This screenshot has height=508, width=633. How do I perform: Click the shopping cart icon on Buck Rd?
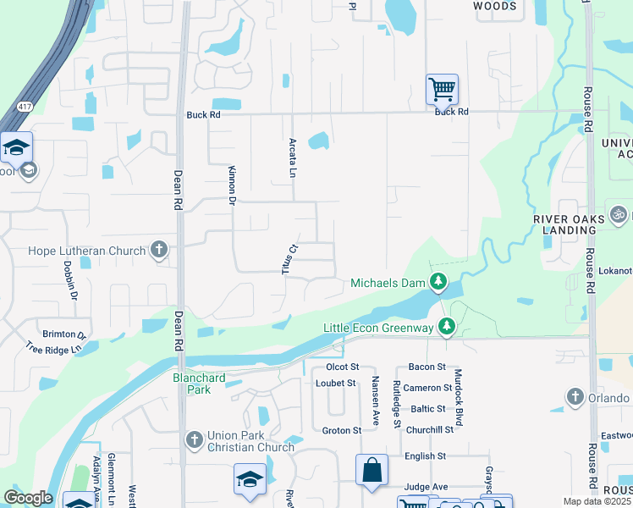(x=442, y=88)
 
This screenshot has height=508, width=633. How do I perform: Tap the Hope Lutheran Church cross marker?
(x=159, y=250)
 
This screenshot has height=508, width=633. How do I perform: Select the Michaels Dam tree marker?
(x=438, y=282)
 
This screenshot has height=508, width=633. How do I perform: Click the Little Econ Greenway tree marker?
(x=447, y=327)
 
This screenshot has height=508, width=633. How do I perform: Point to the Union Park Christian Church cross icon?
(x=195, y=439)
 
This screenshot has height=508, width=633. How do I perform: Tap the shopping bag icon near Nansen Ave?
(x=372, y=472)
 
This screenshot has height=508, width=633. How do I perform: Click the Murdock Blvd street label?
(x=458, y=397)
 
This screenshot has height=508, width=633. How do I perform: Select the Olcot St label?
(x=343, y=367)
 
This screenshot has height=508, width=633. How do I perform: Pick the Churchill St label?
(x=430, y=430)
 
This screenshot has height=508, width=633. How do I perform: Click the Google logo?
(x=28, y=498)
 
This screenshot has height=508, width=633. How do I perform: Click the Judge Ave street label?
(x=426, y=487)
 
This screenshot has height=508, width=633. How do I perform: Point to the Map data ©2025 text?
(x=597, y=501)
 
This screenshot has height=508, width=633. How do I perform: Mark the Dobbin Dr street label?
(x=70, y=280)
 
